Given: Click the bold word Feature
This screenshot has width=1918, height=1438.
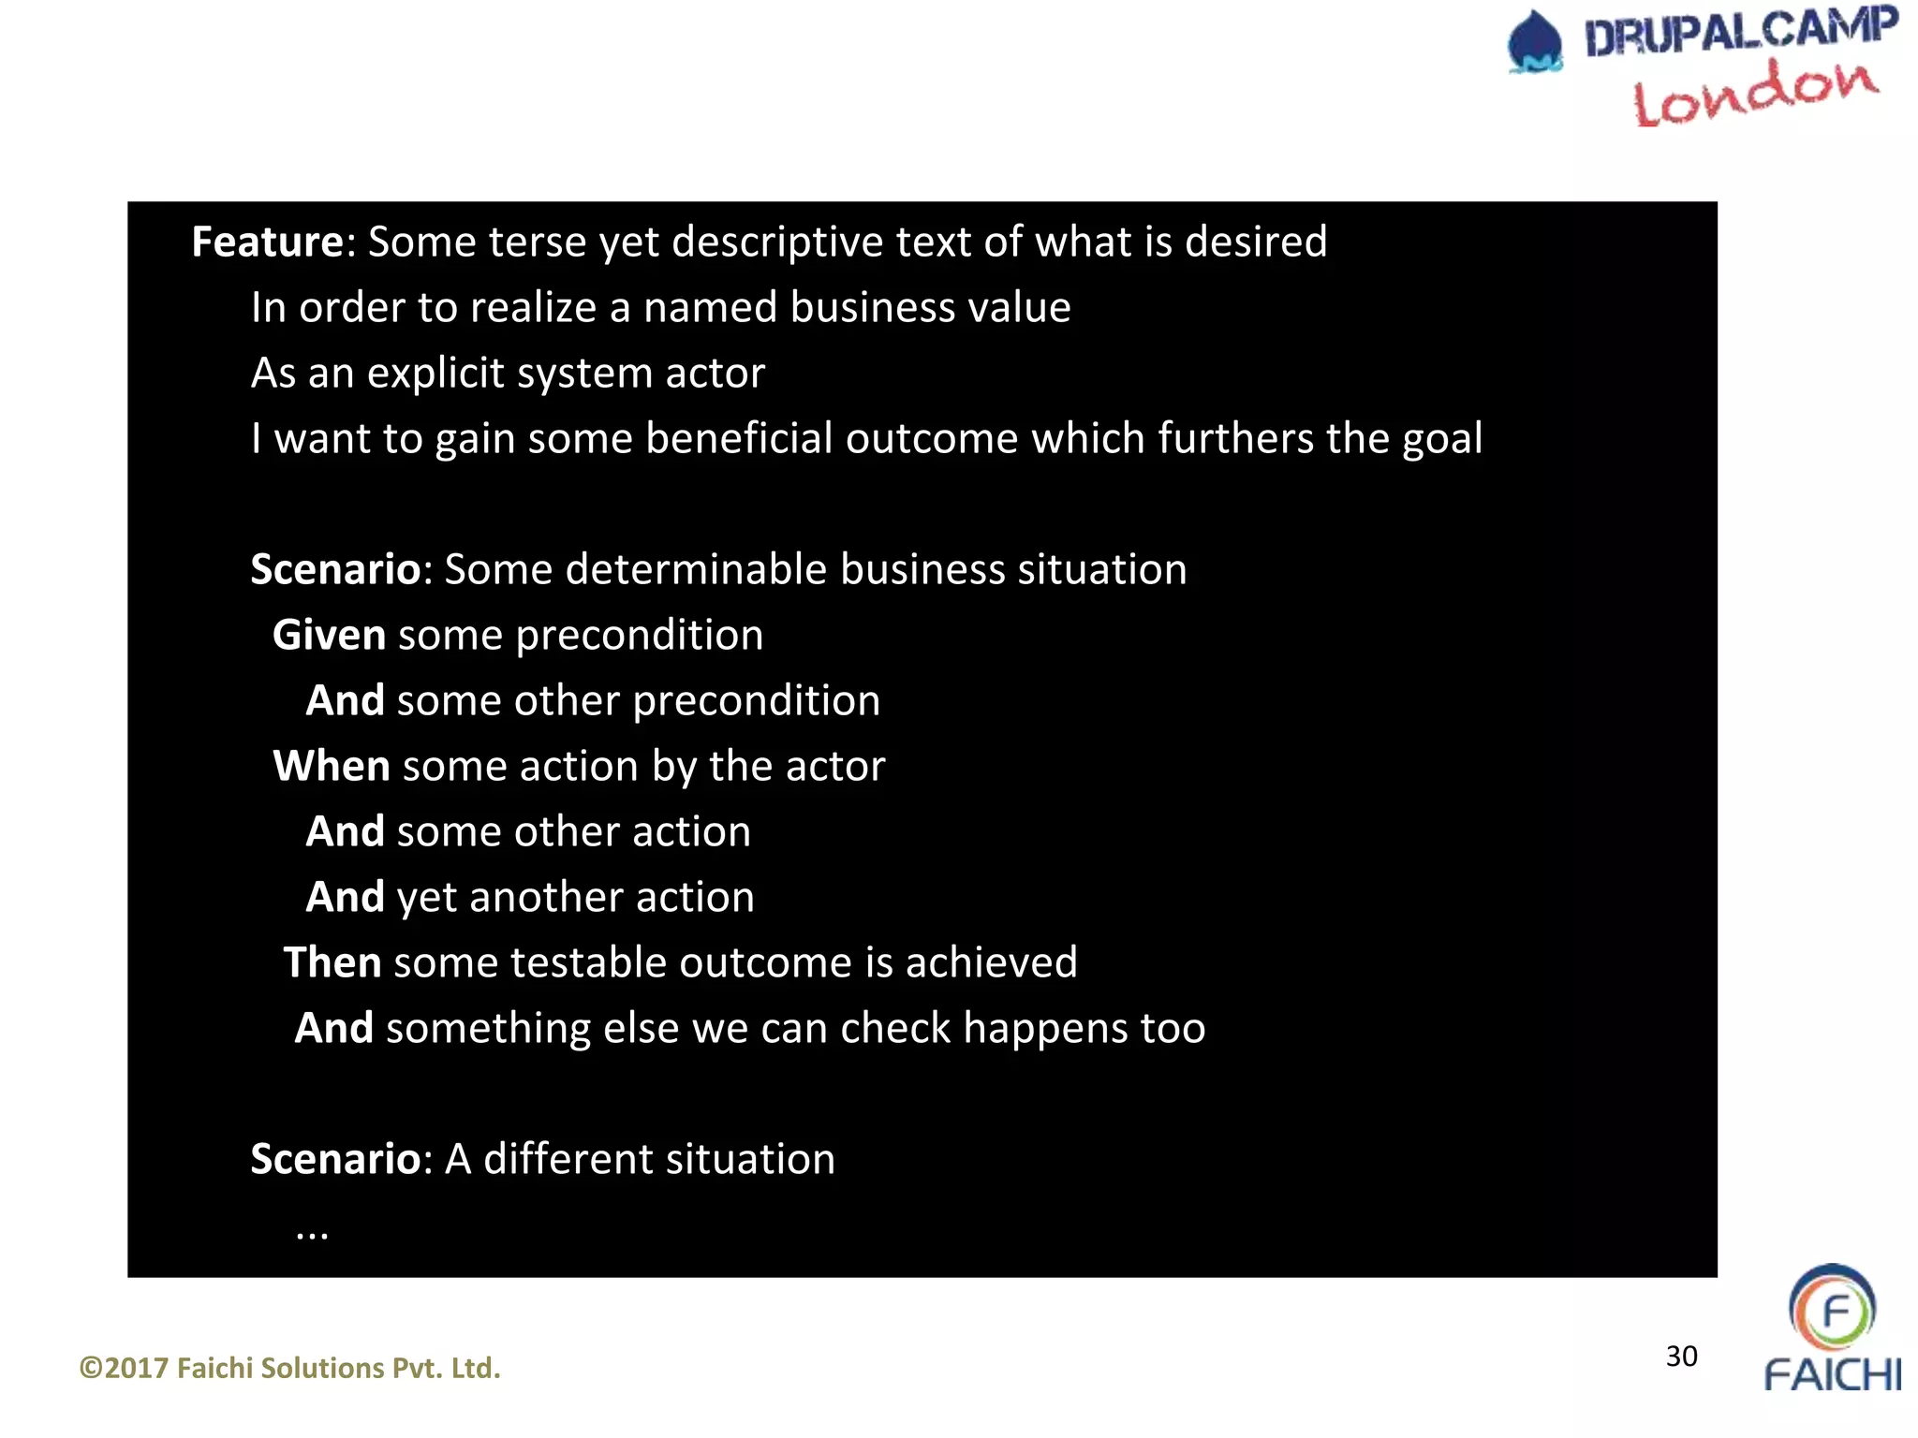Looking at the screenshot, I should [x=268, y=242].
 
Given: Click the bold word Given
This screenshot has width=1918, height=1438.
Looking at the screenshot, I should [x=329, y=635].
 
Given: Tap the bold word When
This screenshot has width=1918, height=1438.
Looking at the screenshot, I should [x=331, y=766].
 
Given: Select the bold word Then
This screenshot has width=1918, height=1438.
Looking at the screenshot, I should [x=332, y=962].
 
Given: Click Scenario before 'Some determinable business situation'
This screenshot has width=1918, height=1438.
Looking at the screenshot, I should [x=335, y=569].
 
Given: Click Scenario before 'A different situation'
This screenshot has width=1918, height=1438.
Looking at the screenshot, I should [x=335, y=1159].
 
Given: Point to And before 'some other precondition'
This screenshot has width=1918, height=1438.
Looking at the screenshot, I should [x=345, y=700].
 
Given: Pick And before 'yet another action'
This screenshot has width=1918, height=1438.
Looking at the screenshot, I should [x=345, y=897].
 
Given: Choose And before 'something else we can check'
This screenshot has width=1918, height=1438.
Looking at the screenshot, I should [x=334, y=1028].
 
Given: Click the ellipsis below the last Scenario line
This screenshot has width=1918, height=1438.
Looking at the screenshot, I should [x=312, y=1234].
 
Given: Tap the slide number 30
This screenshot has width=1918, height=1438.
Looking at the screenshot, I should [x=1681, y=1356].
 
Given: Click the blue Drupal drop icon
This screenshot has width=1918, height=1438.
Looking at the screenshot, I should [x=1535, y=42].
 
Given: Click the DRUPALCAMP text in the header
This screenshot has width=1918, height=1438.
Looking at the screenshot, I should [x=1740, y=32].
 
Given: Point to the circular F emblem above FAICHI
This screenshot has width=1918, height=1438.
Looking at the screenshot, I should [x=1832, y=1307].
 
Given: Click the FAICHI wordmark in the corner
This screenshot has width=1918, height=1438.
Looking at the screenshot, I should [x=1833, y=1375].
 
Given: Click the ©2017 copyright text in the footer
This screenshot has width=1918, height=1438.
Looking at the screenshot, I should [x=290, y=1368].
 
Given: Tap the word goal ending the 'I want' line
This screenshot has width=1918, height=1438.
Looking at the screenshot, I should [x=1442, y=438].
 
